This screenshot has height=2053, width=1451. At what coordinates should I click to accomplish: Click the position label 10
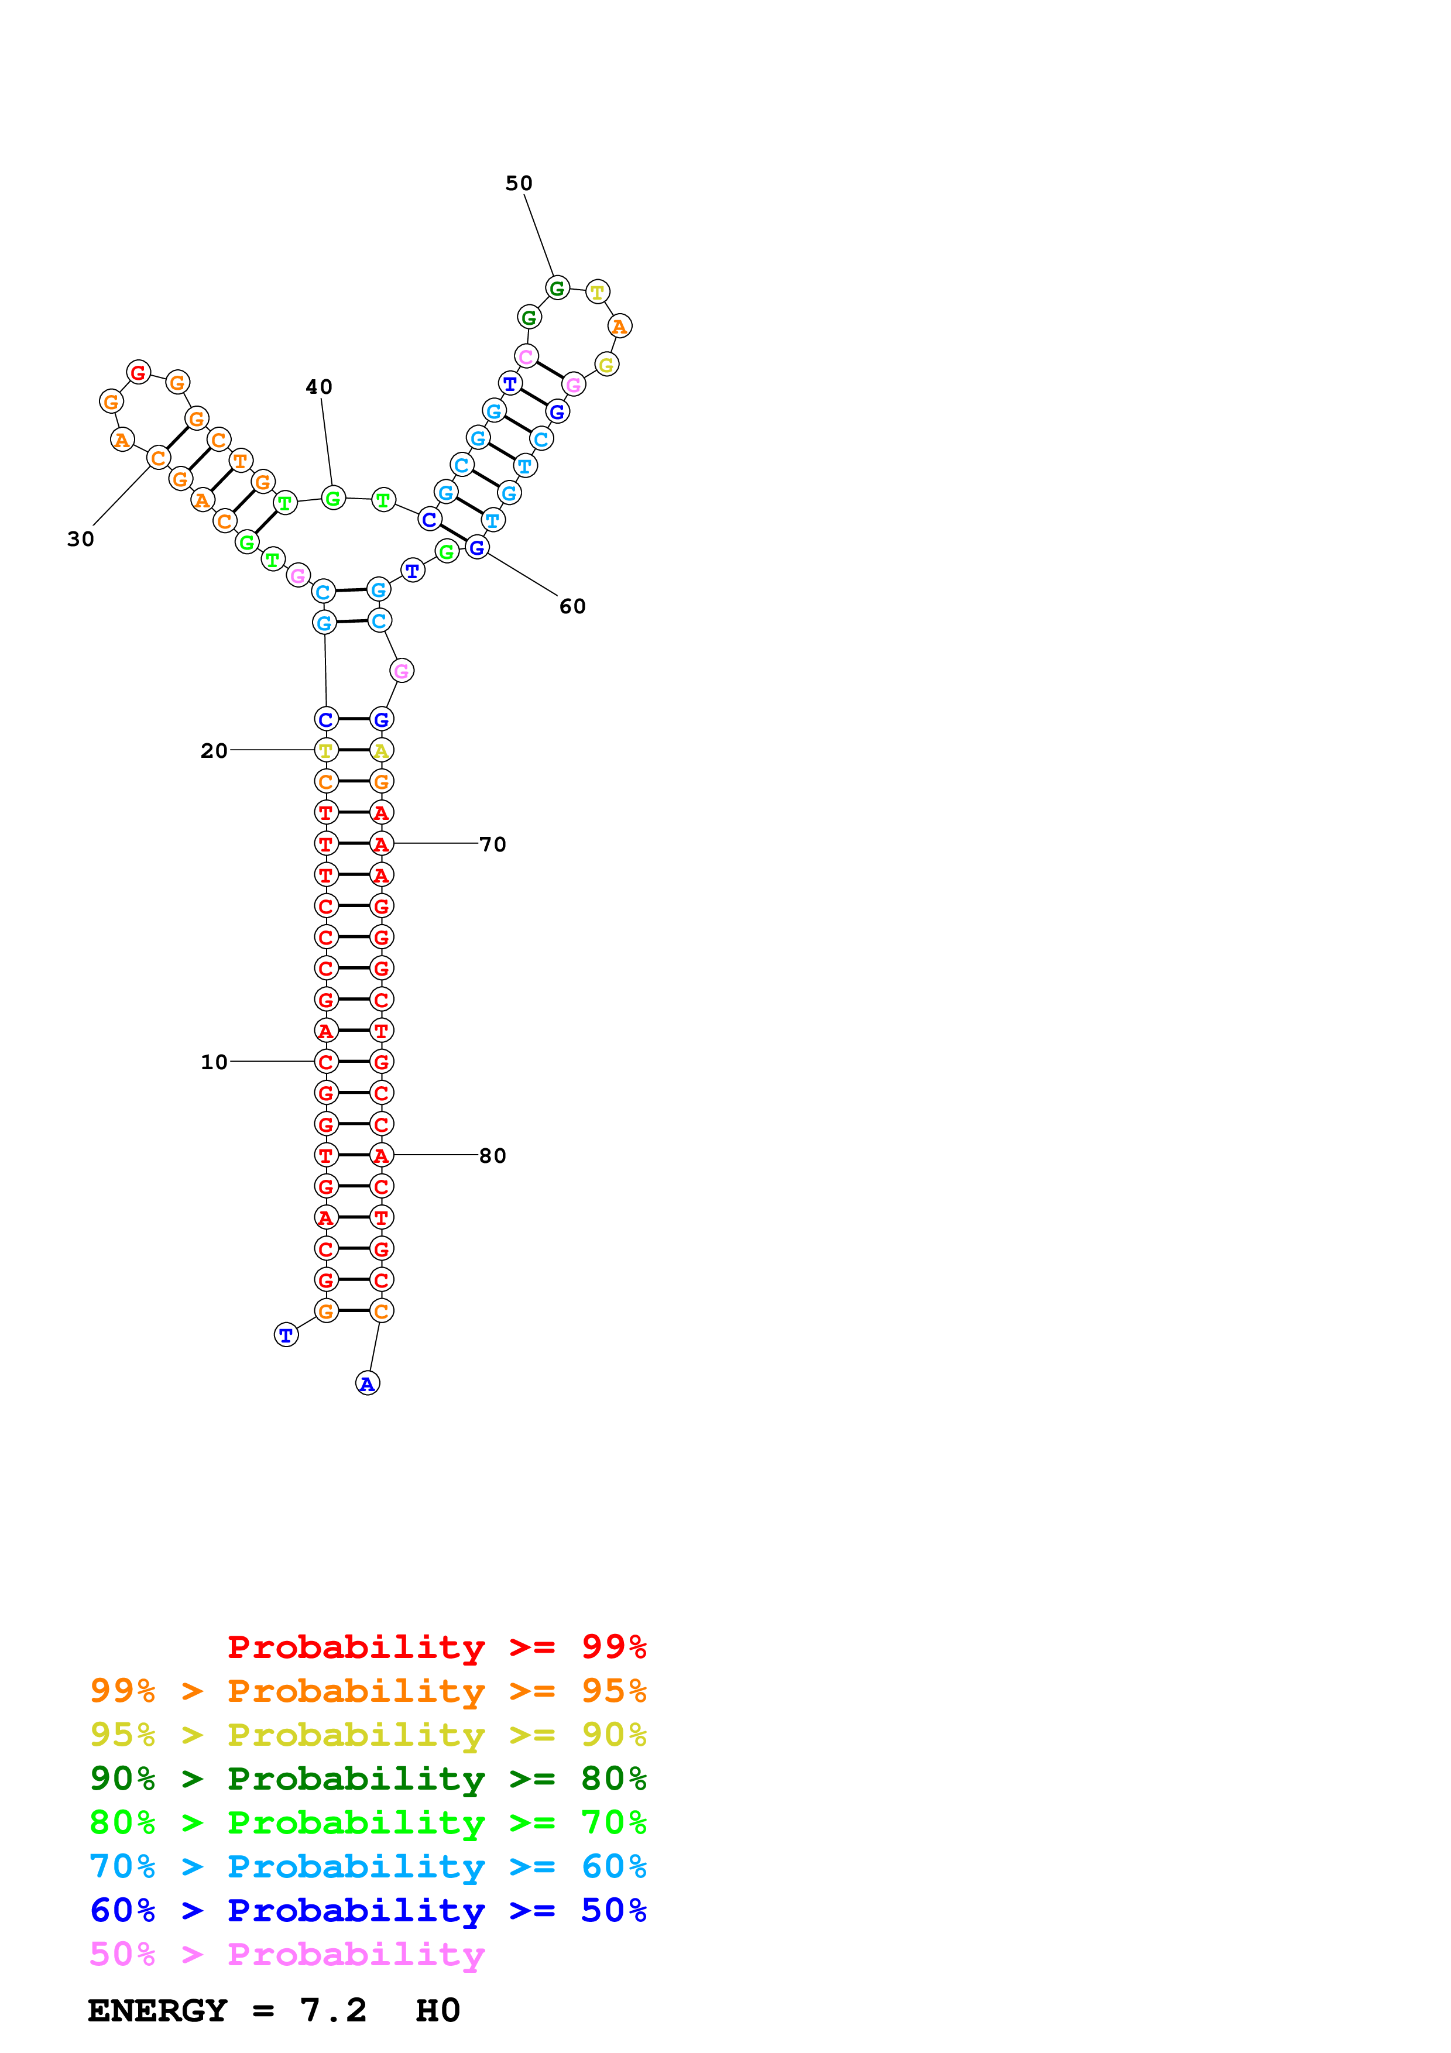(x=214, y=1062)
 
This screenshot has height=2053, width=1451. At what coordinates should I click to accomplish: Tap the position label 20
(x=214, y=751)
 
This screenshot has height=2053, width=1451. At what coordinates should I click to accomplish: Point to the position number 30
(x=80, y=539)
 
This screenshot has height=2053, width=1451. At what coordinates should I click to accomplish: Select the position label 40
(x=319, y=387)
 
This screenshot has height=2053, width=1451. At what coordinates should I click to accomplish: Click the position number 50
(x=519, y=183)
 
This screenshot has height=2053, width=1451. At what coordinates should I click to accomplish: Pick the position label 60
(x=573, y=606)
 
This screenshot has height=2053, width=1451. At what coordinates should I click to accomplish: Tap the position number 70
(x=493, y=844)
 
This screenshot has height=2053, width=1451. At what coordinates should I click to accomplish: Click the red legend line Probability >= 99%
(x=436, y=1646)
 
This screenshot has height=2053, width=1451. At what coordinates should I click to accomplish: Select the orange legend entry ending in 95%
(x=368, y=1691)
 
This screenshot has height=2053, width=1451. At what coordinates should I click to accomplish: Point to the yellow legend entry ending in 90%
(x=368, y=1735)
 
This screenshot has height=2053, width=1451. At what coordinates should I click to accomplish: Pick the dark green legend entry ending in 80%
(x=368, y=1779)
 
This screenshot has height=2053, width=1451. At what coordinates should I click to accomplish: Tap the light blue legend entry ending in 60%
(x=368, y=1866)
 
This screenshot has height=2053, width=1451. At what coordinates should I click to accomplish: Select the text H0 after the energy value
(x=438, y=2010)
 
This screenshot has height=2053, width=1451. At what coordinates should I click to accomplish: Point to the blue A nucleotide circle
(x=368, y=1384)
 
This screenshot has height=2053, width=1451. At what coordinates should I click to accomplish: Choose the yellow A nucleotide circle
(x=382, y=751)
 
